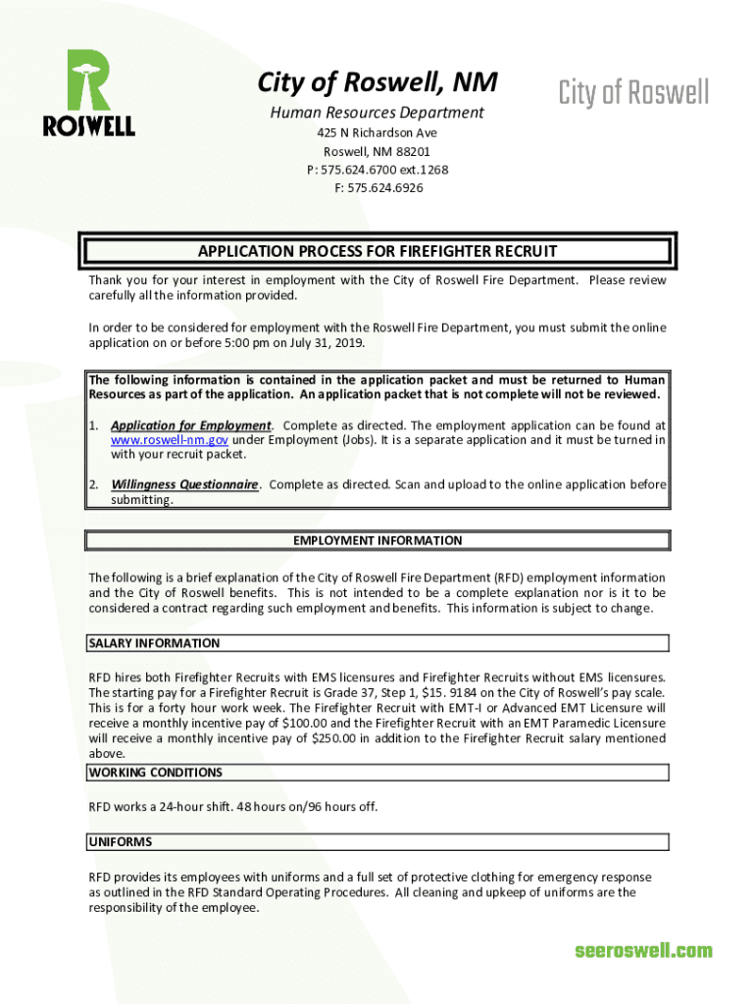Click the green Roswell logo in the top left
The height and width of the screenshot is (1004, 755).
88,93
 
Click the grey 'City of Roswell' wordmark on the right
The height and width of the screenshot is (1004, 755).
633,93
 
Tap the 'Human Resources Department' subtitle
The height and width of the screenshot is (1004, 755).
377,113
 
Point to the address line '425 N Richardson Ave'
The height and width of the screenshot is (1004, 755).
377,132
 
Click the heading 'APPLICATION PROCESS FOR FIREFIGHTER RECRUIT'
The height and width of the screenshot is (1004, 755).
377,251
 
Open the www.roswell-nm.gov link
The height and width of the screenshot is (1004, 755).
170,440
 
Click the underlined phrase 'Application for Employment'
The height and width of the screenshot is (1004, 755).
190,426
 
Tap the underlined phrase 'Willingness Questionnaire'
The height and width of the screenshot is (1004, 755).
184,484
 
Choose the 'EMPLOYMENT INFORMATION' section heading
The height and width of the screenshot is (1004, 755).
377,540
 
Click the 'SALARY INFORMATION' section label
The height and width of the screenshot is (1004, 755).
154,643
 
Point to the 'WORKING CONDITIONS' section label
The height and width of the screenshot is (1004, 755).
155,773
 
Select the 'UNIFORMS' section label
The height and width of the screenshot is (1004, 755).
120,842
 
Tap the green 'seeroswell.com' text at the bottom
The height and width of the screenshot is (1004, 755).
643,950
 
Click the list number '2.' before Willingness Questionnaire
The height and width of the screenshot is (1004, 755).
94,484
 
